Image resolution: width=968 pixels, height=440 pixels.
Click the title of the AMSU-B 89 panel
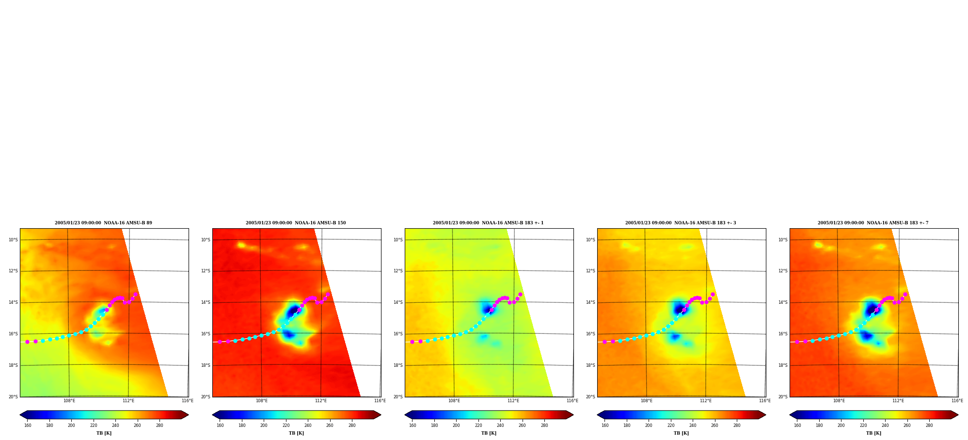pos(103,223)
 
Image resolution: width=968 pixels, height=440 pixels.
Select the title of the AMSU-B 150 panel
pos(296,223)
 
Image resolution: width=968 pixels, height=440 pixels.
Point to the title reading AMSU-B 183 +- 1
pos(488,223)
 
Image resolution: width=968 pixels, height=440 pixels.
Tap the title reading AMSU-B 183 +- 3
pos(681,223)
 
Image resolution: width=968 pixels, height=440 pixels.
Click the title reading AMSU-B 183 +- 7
pos(873,223)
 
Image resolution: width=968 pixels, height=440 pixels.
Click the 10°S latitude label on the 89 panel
pos(13,240)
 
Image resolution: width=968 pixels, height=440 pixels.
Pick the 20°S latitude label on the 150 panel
pos(206,397)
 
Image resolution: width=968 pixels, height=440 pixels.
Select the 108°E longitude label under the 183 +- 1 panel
pos(454,401)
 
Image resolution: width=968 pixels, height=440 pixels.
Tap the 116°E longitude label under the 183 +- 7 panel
pos(957,401)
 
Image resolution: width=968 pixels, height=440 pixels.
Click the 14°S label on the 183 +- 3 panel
pos(590,302)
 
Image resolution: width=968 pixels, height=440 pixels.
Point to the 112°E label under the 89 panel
pos(128,401)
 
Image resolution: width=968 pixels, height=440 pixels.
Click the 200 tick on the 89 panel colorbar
pos(71,425)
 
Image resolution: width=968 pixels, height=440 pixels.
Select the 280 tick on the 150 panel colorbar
pos(352,425)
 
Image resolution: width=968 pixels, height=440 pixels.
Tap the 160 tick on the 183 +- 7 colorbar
pos(797,425)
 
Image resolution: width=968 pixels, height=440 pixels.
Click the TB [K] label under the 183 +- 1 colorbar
pos(489,433)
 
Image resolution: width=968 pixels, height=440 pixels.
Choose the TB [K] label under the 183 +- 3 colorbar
pos(681,433)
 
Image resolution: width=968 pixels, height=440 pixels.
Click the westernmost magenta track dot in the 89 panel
pos(27,342)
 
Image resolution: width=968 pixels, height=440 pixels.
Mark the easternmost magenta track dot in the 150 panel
pos(328,294)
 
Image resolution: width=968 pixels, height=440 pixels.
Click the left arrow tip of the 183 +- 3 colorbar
pos(598,415)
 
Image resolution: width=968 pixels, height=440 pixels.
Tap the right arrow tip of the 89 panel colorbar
pos(188,415)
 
